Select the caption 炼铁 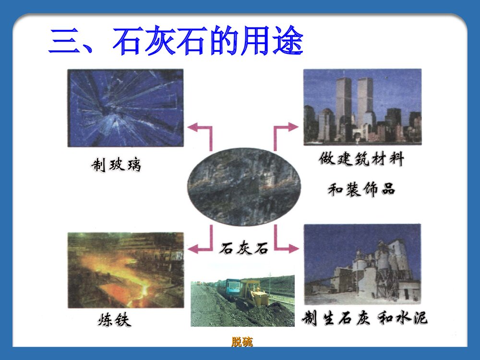(114, 320)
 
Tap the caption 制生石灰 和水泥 (364, 318)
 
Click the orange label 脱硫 (242, 342)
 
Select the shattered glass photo (125, 108)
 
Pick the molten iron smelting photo (125, 270)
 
